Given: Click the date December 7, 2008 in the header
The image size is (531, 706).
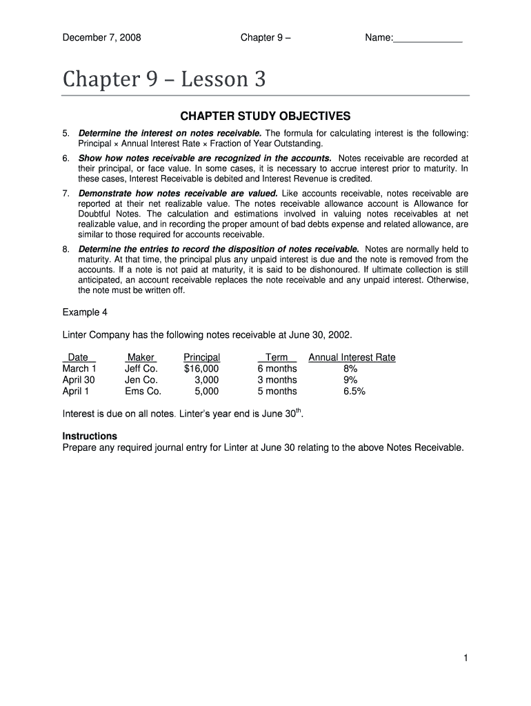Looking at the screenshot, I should [x=101, y=38].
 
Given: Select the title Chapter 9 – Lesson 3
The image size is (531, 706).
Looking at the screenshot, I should [x=164, y=81].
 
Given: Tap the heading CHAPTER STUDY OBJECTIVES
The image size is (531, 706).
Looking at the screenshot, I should [x=265, y=116].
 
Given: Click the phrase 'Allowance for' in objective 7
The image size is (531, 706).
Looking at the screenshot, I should [x=441, y=203].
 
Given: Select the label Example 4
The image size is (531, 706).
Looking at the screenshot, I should [x=85, y=312].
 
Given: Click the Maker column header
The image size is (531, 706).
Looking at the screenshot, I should [x=141, y=357].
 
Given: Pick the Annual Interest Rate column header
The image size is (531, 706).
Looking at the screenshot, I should [x=352, y=357].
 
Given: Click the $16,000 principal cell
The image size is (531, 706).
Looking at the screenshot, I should [x=201, y=369].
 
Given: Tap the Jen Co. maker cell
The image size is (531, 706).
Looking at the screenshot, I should [x=141, y=380].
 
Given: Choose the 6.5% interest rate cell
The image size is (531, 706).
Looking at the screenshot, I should [x=354, y=392].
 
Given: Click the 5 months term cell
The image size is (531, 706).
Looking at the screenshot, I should [x=277, y=392].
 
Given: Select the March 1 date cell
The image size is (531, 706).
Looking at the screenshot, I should [x=79, y=369].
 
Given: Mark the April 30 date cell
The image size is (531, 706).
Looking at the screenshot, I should [x=79, y=380].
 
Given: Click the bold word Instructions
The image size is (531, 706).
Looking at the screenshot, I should [x=90, y=436].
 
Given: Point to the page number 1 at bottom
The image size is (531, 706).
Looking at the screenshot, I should [x=466, y=658].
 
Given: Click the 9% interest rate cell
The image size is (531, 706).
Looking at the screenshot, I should [x=351, y=380].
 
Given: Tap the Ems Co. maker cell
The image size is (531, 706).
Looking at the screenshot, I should [x=143, y=392].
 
